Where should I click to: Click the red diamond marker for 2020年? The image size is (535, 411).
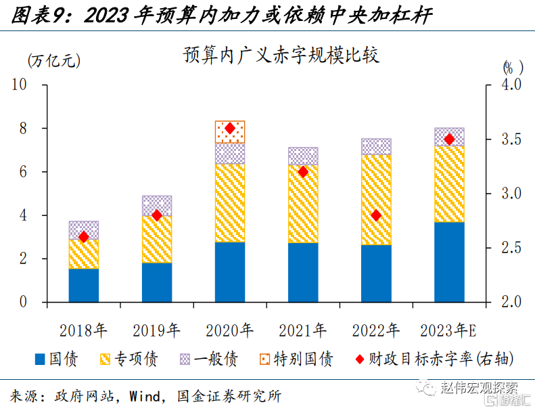coord(229,128)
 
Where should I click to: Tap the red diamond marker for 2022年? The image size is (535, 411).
coord(376,215)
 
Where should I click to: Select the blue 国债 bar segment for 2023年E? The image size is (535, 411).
coord(449,262)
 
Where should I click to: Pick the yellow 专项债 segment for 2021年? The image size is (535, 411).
coord(303,204)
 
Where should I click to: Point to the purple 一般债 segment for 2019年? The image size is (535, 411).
coord(157,206)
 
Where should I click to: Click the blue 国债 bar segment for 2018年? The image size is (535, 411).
coord(84,284)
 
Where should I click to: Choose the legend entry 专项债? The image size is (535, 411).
coord(129,359)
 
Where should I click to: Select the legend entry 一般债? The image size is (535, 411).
coord(209,359)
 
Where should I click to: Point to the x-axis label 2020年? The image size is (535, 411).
coord(229,330)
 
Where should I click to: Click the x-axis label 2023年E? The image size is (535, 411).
coord(449,330)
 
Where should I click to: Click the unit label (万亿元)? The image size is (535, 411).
coord(54,60)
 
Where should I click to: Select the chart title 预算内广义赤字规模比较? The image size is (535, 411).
coord(281,55)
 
